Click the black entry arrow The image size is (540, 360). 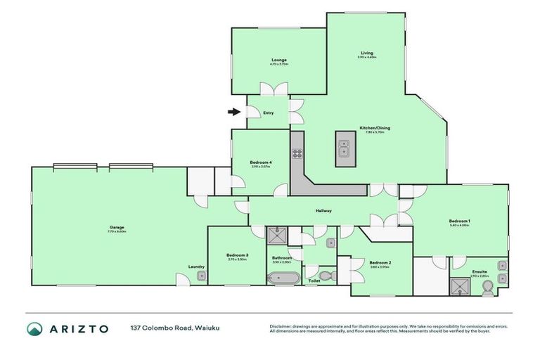(233, 111)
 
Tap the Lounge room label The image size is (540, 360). (280, 60)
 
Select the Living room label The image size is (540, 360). (366, 53)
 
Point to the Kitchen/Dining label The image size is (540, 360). (374, 128)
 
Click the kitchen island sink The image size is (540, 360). (345, 149)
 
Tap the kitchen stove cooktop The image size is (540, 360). (297, 154)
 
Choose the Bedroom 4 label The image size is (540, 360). (260, 163)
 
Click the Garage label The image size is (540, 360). (117, 227)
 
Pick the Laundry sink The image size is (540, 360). (201, 276)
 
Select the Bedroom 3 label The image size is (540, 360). (237, 255)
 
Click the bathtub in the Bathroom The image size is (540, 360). (283, 278)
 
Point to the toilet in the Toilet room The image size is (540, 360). (324, 275)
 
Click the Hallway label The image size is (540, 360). (323, 211)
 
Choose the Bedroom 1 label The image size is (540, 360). (459, 221)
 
